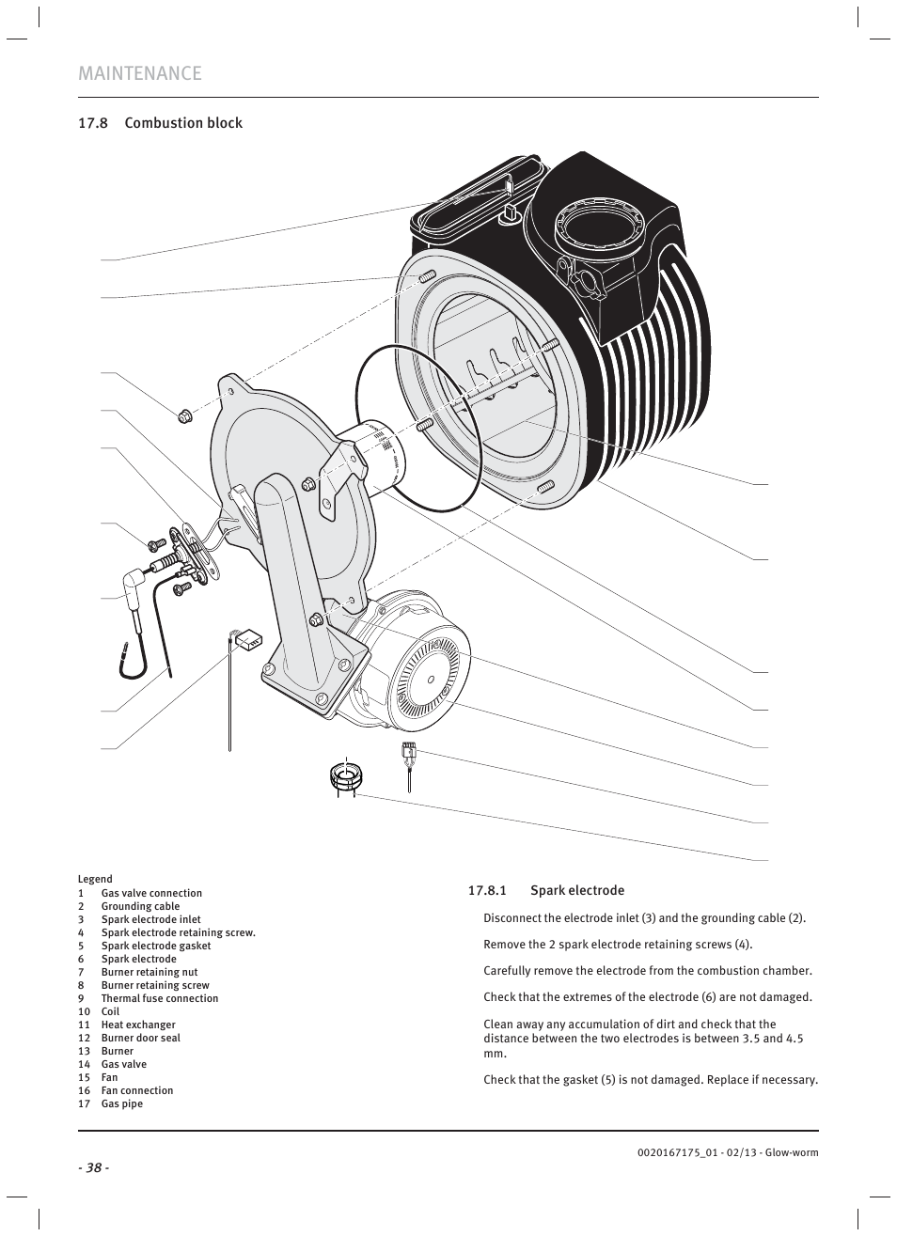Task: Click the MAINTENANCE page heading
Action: point(140,73)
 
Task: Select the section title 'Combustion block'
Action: point(183,123)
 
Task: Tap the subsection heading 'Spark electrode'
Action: point(576,890)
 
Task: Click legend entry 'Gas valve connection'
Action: point(151,893)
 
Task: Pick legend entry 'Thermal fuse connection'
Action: point(159,998)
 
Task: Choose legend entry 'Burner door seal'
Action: point(140,1038)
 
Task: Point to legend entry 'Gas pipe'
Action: point(122,1103)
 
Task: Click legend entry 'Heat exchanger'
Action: point(138,1025)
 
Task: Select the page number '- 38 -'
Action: point(94,1167)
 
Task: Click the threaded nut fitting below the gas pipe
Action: point(346,777)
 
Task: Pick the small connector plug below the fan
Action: point(408,751)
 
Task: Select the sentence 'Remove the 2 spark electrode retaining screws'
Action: point(618,944)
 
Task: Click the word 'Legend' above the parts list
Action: point(95,879)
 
